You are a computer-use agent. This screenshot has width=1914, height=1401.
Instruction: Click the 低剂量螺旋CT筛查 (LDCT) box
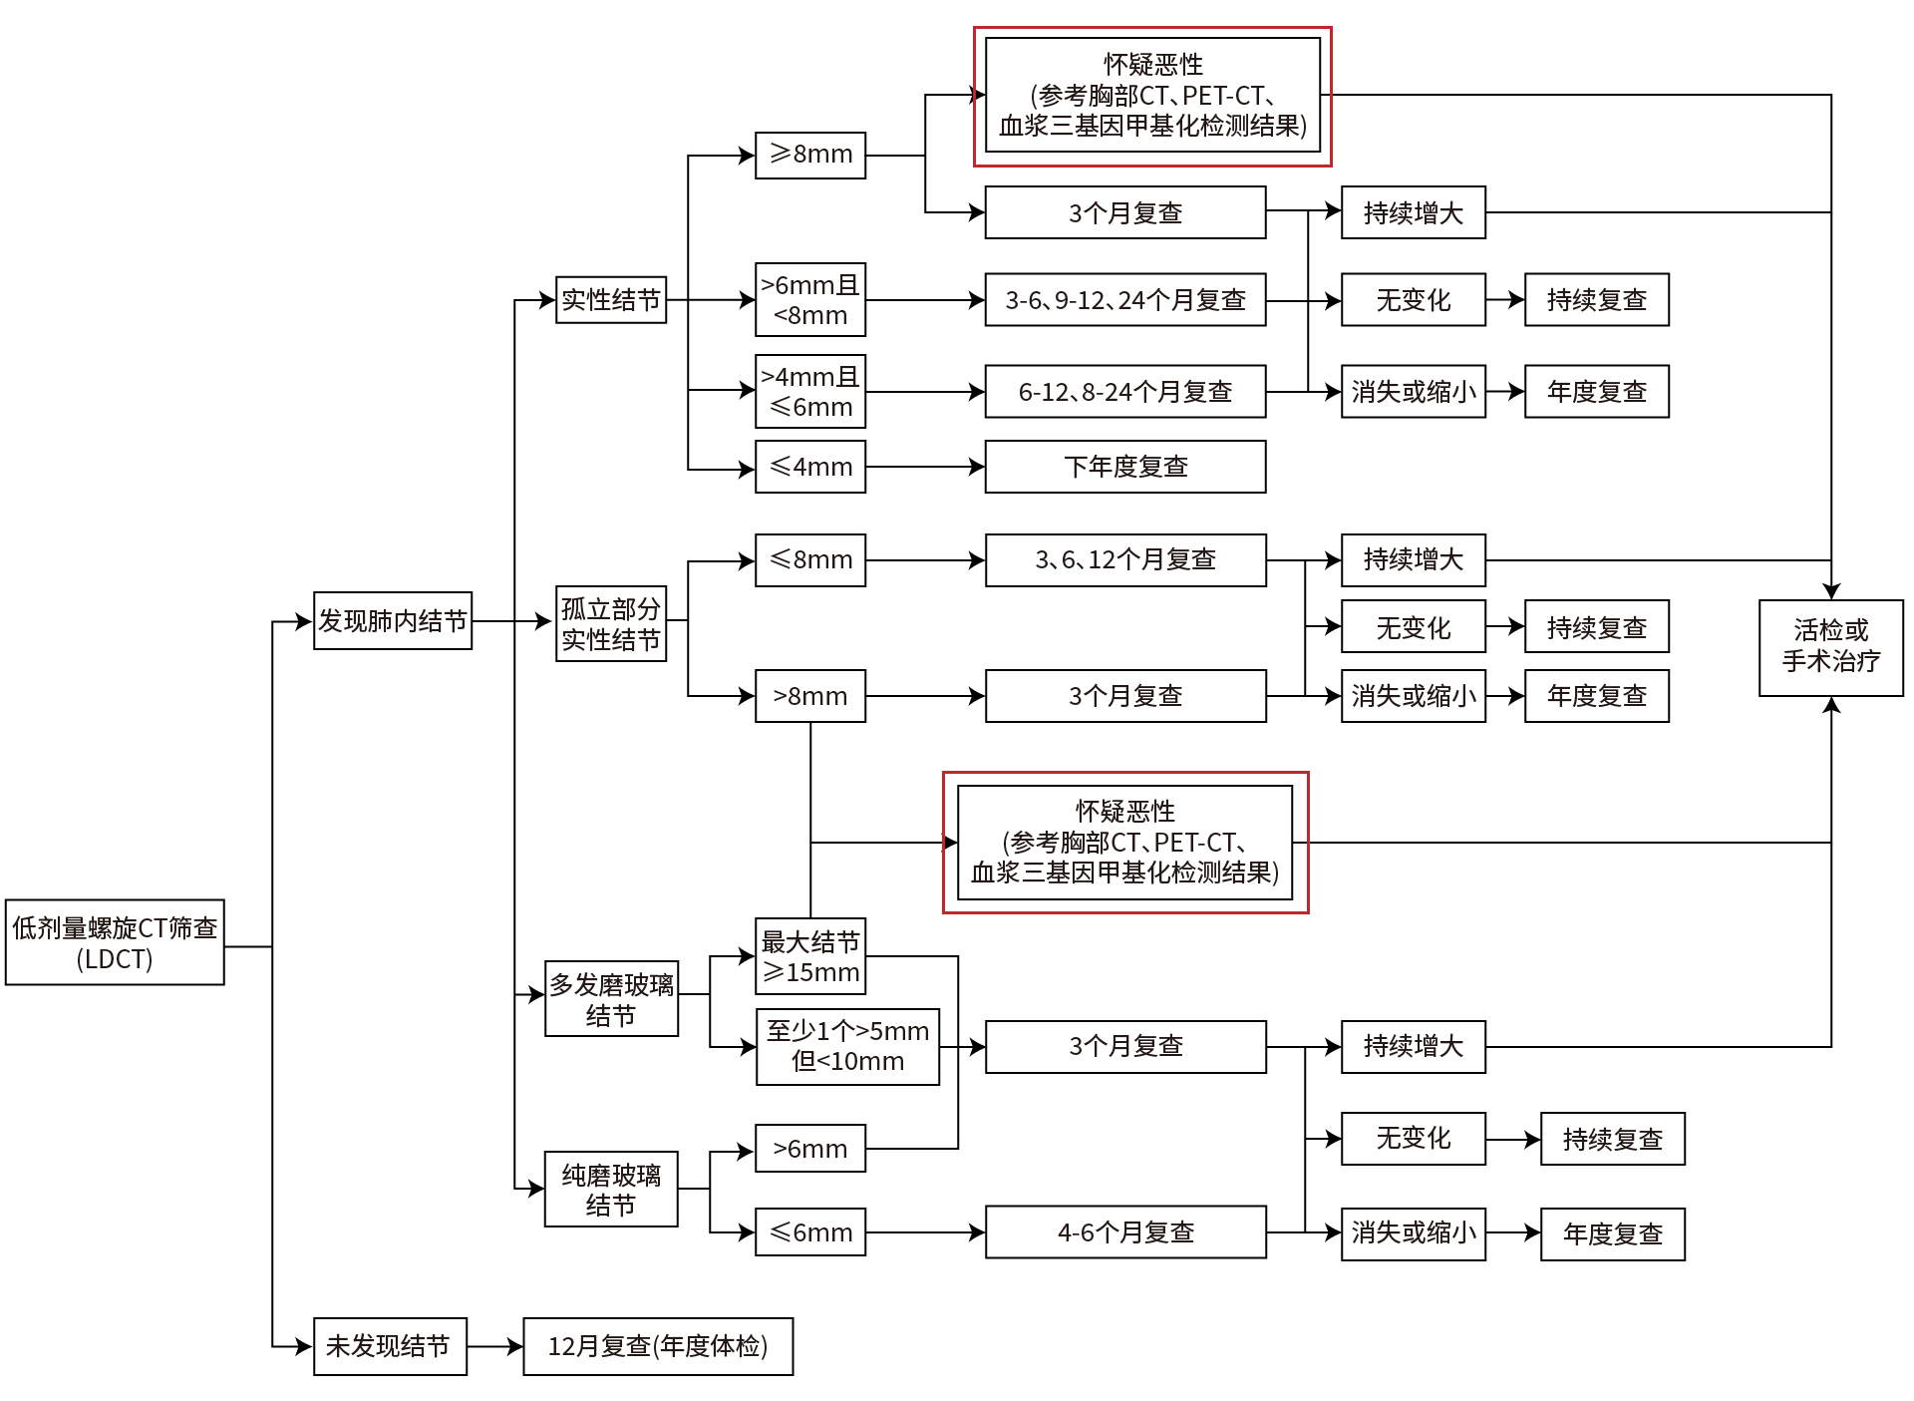[115, 942]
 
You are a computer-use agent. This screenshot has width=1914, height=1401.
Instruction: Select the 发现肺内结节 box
[392, 621]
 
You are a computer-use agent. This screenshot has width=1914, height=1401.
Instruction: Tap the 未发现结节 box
[390, 1346]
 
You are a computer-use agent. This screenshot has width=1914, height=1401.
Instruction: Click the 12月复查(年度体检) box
[658, 1346]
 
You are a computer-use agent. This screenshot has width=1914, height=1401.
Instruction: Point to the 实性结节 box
[610, 299]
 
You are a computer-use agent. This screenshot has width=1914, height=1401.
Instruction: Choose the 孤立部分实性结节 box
[610, 623]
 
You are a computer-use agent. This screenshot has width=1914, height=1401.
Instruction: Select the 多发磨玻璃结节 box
[611, 998]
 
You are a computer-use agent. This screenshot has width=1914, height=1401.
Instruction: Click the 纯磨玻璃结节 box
[611, 1189]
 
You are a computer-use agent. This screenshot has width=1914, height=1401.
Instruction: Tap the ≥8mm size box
[809, 155]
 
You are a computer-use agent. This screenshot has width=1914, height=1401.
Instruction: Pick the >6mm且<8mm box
[809, 299]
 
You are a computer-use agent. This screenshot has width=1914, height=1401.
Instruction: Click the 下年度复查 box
[1124, 467]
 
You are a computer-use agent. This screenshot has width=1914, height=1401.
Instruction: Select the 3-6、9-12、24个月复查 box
[1124, 299]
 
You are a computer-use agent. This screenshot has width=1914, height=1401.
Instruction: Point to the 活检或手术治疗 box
[1830, 647]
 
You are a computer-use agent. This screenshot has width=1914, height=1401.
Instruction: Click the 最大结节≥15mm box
[809, 956]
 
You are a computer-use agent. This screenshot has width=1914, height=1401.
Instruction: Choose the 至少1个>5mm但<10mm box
[847, 1046]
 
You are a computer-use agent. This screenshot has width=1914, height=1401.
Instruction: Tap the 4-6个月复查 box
[1124, 1232]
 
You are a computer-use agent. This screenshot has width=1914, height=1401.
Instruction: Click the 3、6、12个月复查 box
[1124, 559]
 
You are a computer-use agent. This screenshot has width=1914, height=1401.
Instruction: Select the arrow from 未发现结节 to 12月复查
[494, 1346]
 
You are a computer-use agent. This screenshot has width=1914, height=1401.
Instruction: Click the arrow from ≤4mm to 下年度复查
[925, 467]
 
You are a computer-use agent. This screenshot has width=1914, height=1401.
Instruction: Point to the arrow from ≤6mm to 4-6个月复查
[925, 1232]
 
